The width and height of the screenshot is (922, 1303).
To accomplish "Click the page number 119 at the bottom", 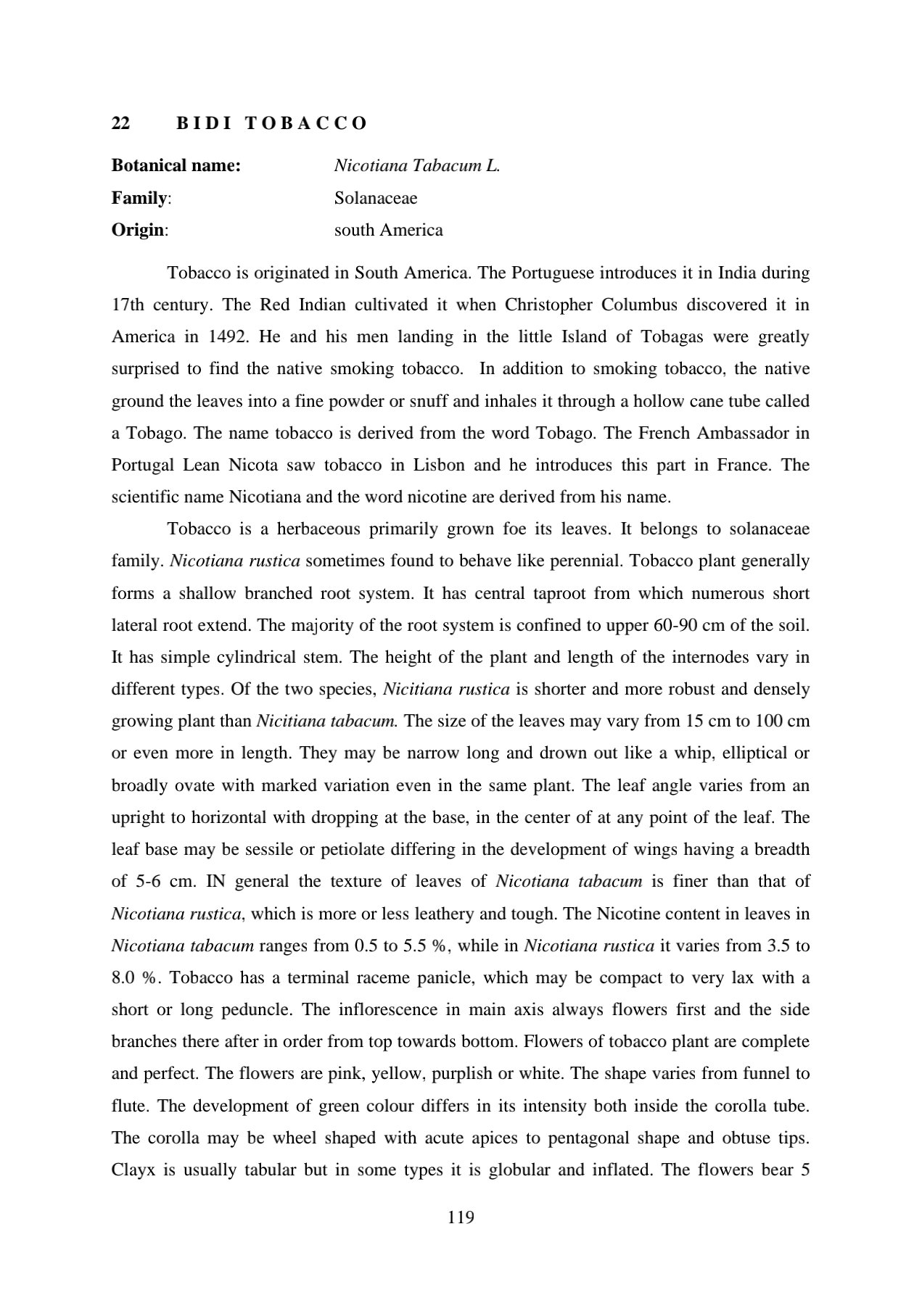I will click(x=461, y=1217).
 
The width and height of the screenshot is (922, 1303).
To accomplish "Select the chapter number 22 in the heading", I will click(x=120, y=123).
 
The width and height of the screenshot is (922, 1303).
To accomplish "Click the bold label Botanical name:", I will click(x=176, y=165).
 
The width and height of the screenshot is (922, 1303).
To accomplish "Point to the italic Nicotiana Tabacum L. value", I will click(x=417, y=165).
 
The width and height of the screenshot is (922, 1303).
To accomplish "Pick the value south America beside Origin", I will click(x=388, y=230).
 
